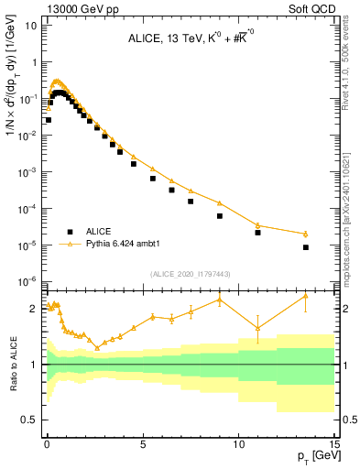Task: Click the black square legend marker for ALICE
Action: [x=70, y=232]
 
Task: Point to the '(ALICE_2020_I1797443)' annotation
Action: [x=189, y=273]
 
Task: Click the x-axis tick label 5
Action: [x=143, y=443]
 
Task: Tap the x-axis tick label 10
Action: [x=238, y=443]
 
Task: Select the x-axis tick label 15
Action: [x=333, y=443]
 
